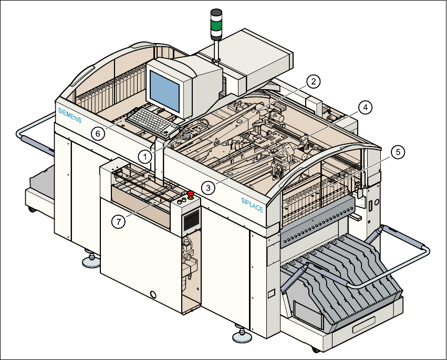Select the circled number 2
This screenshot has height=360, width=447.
(x=313, y=81)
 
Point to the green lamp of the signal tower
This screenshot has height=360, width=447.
(x=216, y=25)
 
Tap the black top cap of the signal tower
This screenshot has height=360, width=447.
(x=216, y=12)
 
